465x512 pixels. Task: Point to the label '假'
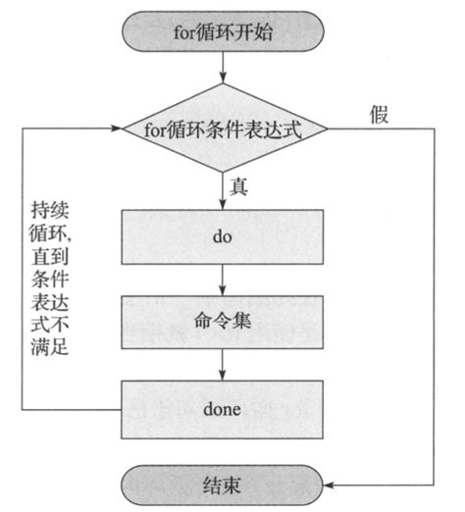[379, 114]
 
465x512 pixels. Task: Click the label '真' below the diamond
[238, 183]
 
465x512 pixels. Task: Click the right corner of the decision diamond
[332, 128]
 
